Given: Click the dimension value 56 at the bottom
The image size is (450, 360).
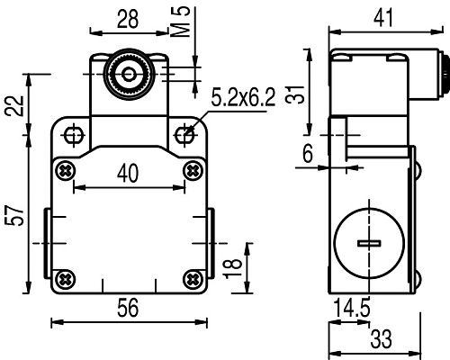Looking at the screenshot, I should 128,308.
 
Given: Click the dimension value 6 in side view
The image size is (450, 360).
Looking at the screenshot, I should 308,155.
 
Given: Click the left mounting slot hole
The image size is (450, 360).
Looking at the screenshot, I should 73,136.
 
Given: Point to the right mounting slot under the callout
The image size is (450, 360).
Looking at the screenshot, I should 185,135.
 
